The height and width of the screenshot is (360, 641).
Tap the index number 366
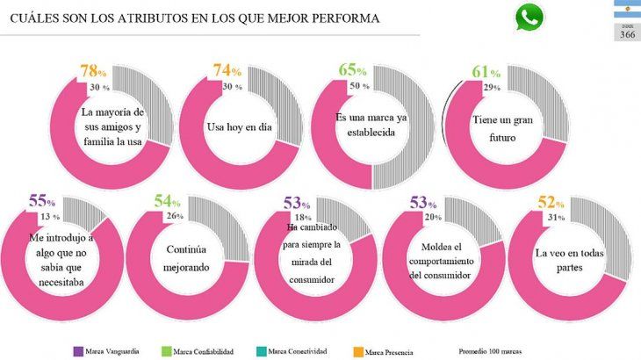(627, 35)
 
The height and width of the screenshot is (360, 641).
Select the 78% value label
(93, 70)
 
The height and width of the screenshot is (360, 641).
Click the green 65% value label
(353, 70)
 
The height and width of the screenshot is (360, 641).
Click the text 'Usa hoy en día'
(238, 127)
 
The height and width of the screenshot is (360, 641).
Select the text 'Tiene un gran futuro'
(503, 130)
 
